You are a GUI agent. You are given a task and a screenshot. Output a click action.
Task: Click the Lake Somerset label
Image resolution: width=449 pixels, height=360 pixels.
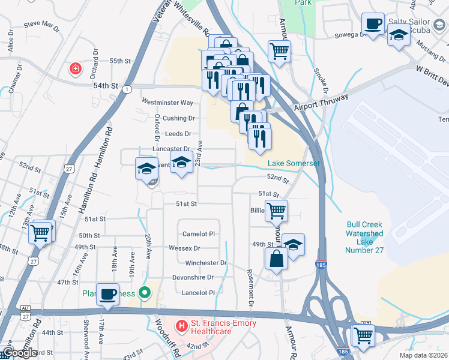pyautogui.click(x=294, y=164)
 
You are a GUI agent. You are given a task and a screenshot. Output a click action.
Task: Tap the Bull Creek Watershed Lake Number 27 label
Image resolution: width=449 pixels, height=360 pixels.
pyautogui.click(x=364, y=237)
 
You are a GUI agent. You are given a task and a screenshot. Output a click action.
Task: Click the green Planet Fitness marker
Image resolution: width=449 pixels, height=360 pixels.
pyautogui.click(x=144, y=293)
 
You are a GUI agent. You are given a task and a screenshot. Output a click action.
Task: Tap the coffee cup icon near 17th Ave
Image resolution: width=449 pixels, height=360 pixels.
pyautogui.click(x=107, y=294)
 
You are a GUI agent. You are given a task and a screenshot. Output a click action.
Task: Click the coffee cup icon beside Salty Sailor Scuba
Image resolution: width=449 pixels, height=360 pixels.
pyautogui.click(x=373, y=24)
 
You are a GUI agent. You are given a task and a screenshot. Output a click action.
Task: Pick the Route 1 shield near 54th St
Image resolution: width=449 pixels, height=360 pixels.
pyautogui.click(x=127, y=89)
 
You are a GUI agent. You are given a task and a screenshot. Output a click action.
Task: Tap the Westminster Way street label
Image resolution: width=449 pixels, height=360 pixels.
pyautogui.click(x=167, y=103)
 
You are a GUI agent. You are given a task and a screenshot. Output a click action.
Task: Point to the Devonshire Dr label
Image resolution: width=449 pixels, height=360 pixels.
pyautogui.click(x=193, y=277)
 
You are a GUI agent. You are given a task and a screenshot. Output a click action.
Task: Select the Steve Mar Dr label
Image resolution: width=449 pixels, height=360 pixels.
pyautogui.click(x=42, y=26)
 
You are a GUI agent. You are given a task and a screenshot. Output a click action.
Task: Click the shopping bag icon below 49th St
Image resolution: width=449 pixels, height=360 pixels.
pyautogui.click(x=276, y=259)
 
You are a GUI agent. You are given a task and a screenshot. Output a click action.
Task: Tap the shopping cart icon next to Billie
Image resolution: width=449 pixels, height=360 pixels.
pyautogui.click(x=276, y=210)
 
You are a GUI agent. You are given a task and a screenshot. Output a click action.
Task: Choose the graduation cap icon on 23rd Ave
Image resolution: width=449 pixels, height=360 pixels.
pyautogui.click(x=181, y=162)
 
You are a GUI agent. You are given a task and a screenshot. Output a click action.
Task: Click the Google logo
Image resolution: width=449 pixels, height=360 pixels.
pyautogui.click(x=20, y=353)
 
